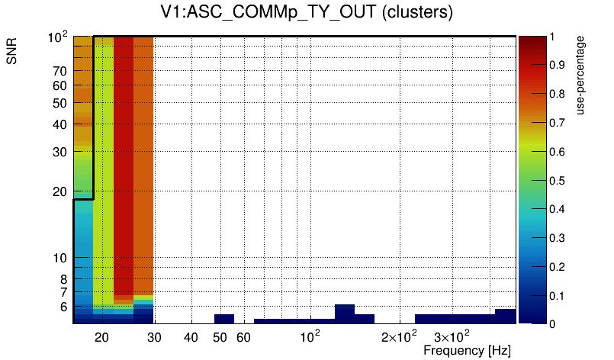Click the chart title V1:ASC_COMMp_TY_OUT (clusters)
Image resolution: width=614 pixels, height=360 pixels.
click(x=307, y=11)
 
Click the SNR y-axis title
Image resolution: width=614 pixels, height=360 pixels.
click(x=11, y=51)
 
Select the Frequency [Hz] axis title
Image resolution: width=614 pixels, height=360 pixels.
click(x=467, y=350)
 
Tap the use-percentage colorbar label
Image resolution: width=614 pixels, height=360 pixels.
click(x=580, y=76)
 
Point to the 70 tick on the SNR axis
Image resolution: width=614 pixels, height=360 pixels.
click(x=60, y=71)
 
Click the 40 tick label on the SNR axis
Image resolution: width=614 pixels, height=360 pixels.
click(x=60, y=124)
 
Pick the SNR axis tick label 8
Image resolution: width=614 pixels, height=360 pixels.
click(x=63, y=279)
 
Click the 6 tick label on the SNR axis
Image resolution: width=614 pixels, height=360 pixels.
click(x=63, y=307)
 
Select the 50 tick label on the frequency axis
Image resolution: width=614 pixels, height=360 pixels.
click(x=220, y=337)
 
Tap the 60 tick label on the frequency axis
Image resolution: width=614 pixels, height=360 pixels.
click(x=243, y=337)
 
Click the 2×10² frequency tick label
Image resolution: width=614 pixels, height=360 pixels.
click(x=399, y=336)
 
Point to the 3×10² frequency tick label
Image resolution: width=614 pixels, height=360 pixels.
click(x=452, y=336)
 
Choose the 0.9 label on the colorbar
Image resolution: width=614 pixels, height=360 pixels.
click(x=557, y=65)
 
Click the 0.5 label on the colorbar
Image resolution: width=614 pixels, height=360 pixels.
click(x=557, y=181)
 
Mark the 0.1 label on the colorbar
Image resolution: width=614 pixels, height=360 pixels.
click(x=557, y=296)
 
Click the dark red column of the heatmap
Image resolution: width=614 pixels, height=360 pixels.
click(x=124, y=165)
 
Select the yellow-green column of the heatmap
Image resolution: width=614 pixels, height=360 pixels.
click(x=104, y=172)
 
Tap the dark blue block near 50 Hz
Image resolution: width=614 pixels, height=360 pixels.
click(x=224, y=319)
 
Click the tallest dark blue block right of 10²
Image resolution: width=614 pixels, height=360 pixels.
click(x=345, y=313)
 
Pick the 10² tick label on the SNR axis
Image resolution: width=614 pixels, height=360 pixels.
click(x=57, y=37)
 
